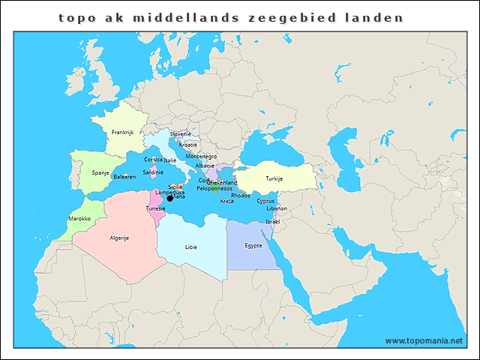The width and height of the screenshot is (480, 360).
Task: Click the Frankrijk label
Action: coord(122,132)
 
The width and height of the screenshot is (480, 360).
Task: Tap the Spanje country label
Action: coord(100,172)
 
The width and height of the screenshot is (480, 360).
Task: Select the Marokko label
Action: coord(79,218)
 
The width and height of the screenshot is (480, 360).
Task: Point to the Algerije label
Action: coord(120,238)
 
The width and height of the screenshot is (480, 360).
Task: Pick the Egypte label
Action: coord(254,245)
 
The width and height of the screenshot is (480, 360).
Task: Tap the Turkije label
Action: coord(274,178)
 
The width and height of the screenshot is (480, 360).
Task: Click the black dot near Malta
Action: coord(169,198)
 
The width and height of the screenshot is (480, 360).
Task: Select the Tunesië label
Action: coord(155,208)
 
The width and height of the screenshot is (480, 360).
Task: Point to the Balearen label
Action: coord(124,177)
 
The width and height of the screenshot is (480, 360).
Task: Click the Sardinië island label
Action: coord(153,172)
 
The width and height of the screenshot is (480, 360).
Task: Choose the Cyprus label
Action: coord(265,200)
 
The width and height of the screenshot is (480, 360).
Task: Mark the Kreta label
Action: coord(226,201)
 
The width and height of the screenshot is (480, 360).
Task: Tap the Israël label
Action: coord(273,221)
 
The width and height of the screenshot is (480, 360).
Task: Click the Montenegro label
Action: coord(201,156)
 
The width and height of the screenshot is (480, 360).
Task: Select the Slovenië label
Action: coord(180,133)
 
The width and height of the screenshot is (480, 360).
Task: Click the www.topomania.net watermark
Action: coord(424,340)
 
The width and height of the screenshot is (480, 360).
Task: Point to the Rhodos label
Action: coord(241,195)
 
